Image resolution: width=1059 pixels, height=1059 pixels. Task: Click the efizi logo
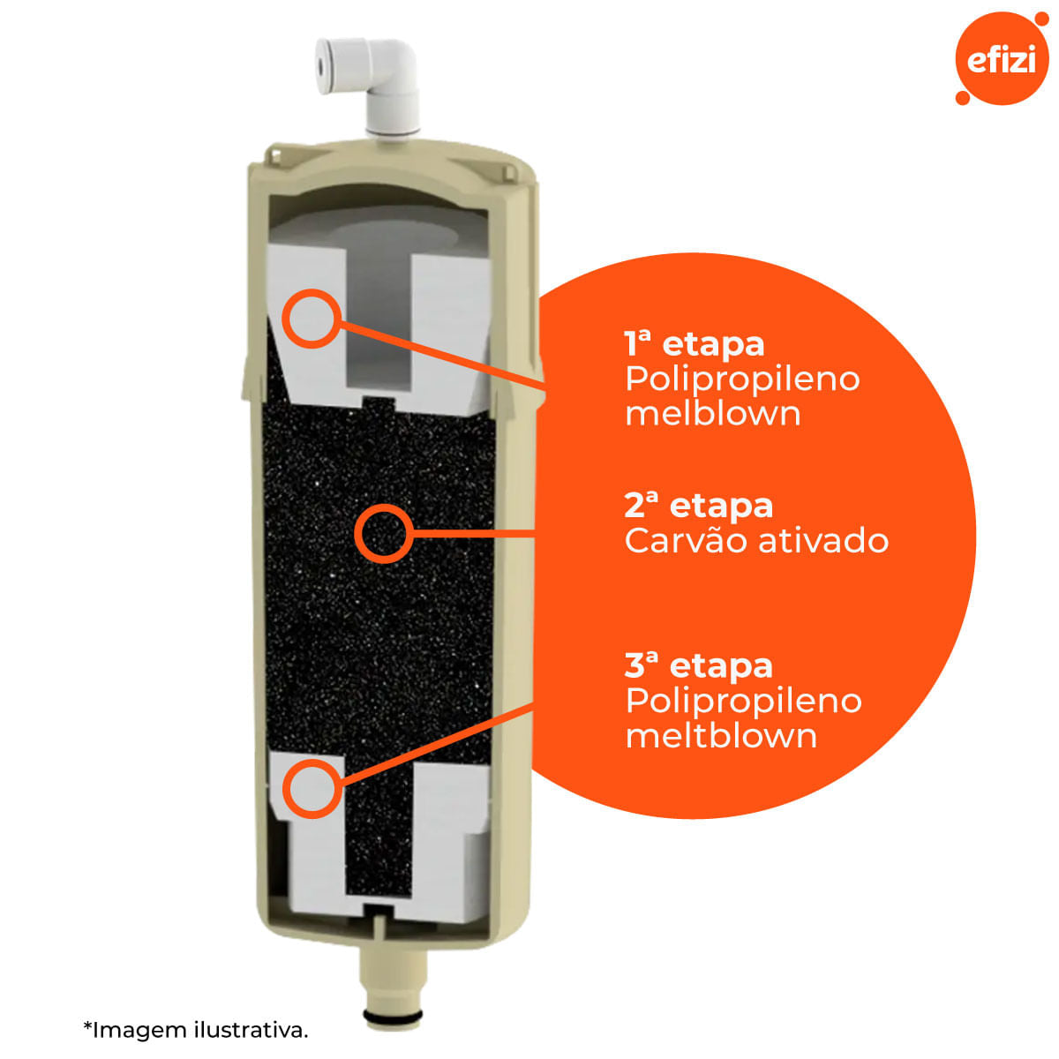(x=1001, y=58)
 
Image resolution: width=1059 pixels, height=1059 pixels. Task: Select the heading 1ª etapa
(x=695, y=344)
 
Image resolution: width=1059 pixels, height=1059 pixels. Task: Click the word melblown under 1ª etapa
(x=713, y=414)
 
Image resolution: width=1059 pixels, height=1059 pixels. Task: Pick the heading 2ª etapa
(x=698, y=506)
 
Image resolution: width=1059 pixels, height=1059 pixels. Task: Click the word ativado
(x=823, y=541)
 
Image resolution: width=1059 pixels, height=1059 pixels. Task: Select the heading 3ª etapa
(x=698, y=666)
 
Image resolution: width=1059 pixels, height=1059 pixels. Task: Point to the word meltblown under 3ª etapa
(x=721, y=736)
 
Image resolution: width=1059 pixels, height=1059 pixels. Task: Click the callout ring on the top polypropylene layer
(x=312, y=319)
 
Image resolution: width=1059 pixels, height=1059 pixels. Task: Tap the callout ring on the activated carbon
(x=384, y=533)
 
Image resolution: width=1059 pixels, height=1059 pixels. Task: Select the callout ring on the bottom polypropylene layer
(x=312, y=789)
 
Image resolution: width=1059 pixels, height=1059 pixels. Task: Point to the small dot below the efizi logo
(x=962, y=97)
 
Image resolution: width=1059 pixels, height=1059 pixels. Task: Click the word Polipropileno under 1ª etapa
(x=742, y=379)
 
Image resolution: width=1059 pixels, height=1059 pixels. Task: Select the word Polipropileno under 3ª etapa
(x=744, y=702)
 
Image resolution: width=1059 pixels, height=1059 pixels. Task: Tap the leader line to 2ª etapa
(x=474, y=533)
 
